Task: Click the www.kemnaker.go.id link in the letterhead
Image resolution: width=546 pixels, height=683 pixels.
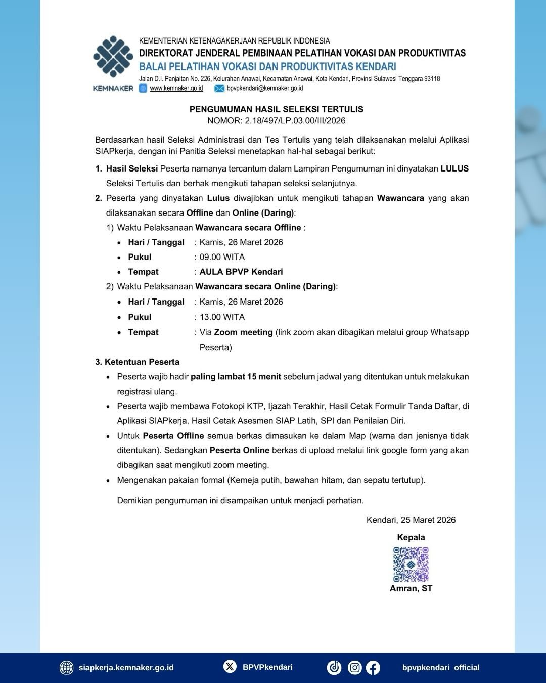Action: pos(176,88)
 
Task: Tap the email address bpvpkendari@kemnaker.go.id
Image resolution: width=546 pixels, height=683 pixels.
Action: pos(265,88)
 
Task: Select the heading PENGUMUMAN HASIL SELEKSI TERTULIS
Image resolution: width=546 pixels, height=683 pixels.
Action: pos(276,109)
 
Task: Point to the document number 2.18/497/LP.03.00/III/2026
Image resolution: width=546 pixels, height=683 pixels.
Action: pos(295,120)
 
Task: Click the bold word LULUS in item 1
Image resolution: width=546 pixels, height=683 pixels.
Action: pos(454,168)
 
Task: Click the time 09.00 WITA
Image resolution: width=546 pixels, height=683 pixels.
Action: pos(222,257)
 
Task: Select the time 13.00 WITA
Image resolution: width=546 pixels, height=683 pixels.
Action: pos(222,317)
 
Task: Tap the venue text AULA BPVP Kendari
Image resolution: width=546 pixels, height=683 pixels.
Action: pos(241,272)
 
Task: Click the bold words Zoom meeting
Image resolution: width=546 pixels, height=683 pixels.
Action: pos(243,332)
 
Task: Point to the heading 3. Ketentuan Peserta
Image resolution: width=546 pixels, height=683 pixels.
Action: pos(137,362)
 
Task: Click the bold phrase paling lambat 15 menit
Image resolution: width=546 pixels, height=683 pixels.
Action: pos(236,377)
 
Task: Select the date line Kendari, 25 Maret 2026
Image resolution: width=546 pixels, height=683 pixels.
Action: pos(411,520)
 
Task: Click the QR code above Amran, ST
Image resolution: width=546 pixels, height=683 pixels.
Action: pos(411,564)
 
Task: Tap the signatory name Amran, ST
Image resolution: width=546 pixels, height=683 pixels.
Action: pos(411,588)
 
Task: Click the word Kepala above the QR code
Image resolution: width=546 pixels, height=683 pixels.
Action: pos(411,537)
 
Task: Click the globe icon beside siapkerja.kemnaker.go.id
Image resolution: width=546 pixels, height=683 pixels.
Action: pos(66,668)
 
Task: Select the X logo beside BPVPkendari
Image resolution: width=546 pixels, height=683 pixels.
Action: pos(230,667)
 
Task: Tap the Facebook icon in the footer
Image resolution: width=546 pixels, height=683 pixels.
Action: pos(373,668)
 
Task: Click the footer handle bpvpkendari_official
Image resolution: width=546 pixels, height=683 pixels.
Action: pos(441,668)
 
